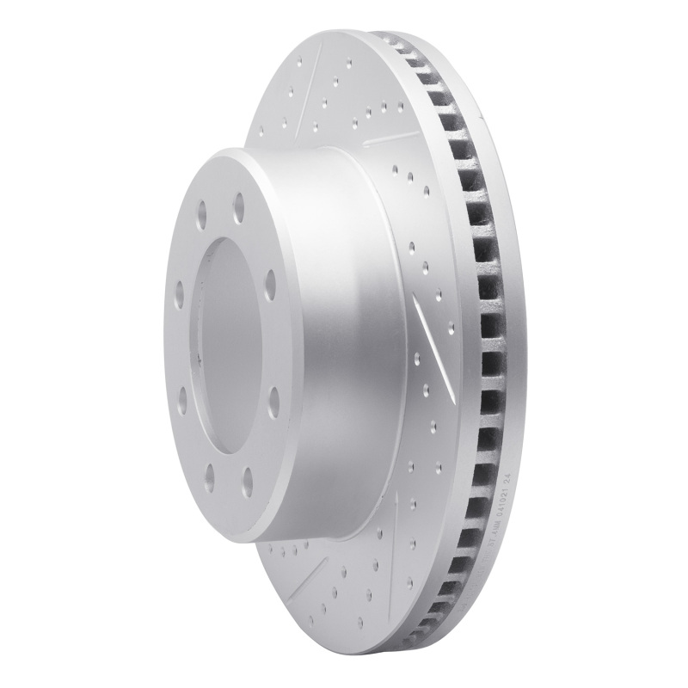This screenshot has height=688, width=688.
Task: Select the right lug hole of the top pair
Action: (237, 205)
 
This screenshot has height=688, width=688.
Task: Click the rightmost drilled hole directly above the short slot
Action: (400, 107)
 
